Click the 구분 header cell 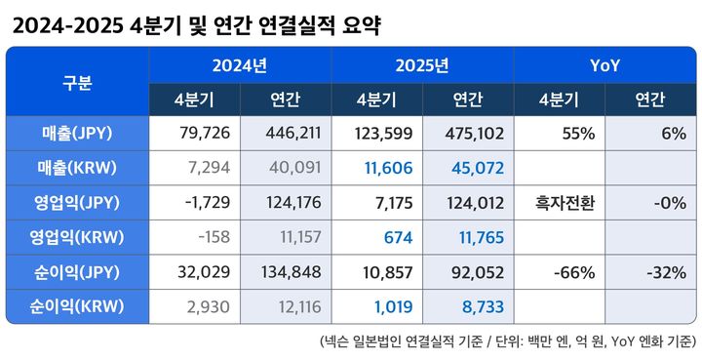point(77,82)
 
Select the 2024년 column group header point(240,66)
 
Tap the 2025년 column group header point(422,66)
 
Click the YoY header point(604,66)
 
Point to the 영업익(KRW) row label point(77,237)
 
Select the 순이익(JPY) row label point(77,271)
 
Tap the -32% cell point(665,271)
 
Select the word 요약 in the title point(358,25)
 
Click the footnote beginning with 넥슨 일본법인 point(507,340)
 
